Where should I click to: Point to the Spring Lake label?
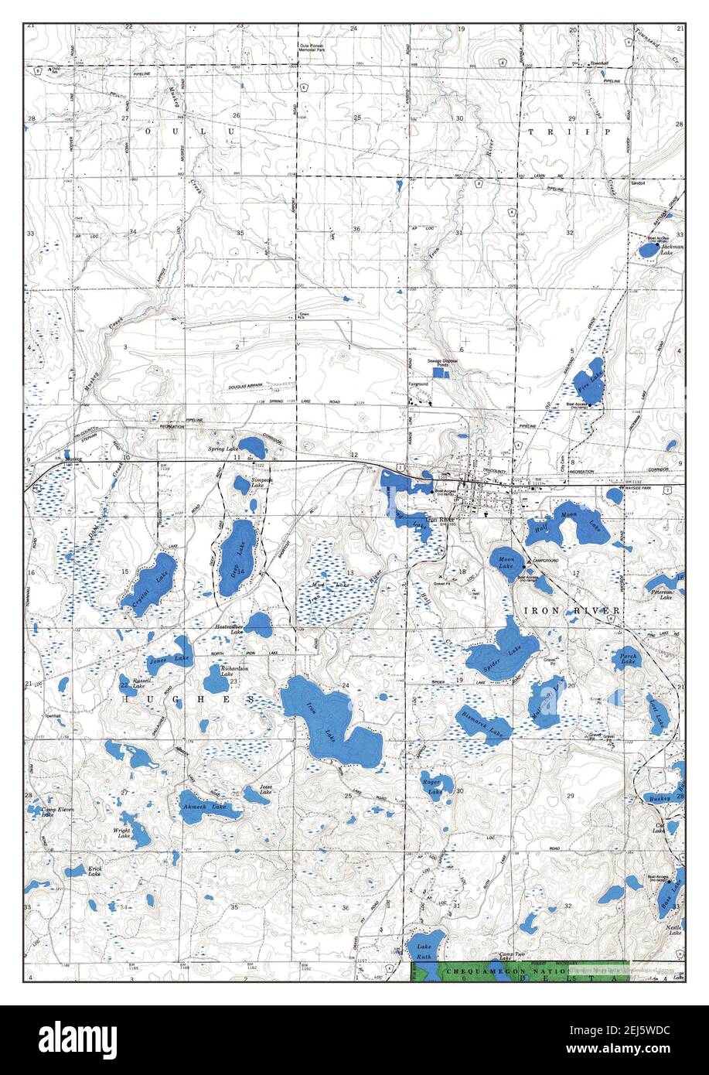point(221,449)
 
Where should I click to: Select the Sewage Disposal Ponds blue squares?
point(439,373)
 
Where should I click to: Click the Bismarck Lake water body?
point(486,725)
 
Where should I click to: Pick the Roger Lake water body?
point(435,784)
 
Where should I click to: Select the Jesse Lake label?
point(265,792)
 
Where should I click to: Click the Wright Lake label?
point(122,834)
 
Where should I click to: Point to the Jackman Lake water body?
point(648,250)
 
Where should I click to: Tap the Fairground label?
point(418,384)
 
